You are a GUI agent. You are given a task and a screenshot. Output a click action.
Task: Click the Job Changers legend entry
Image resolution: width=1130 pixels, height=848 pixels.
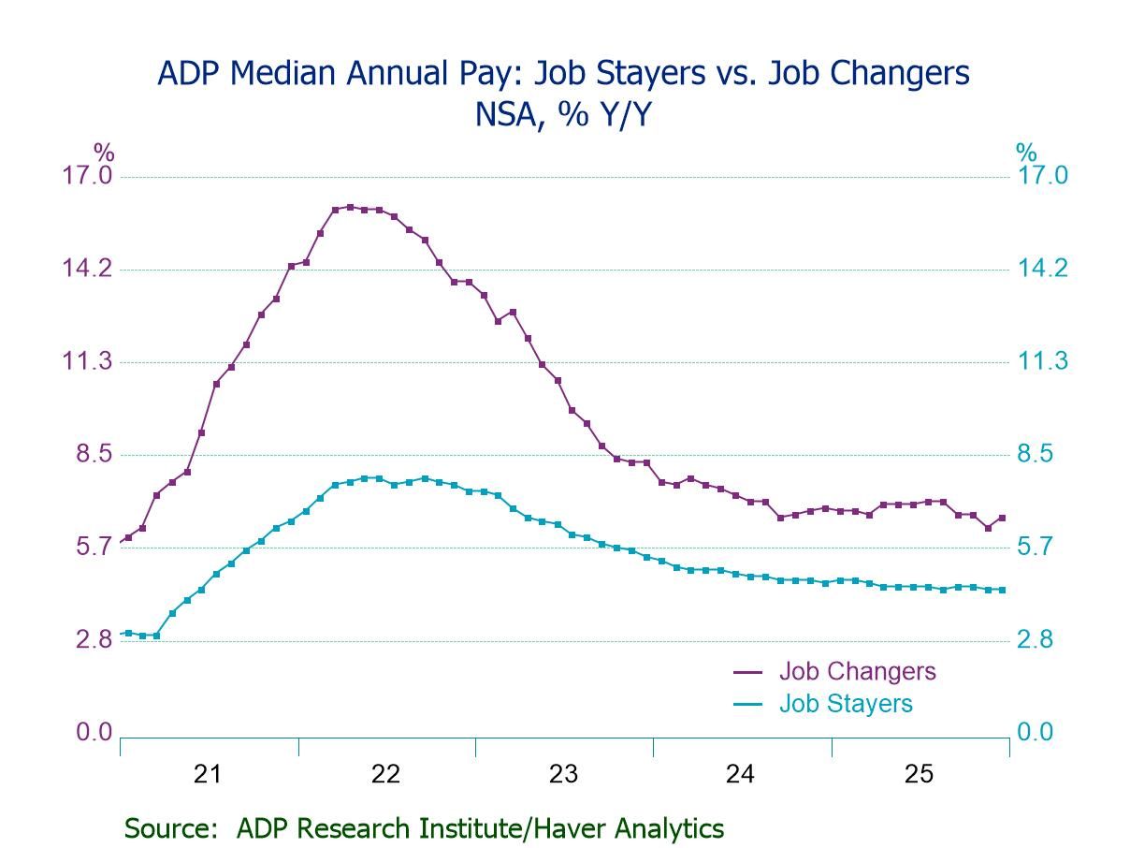pyautogui.click(x=857, y=671)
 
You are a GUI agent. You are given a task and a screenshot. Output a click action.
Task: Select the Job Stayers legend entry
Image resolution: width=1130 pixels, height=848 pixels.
pyautogui.click(x=846, y=704)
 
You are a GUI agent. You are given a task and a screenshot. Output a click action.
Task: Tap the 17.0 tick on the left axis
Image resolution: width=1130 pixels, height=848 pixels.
pyautogui.click(x=87, y=176)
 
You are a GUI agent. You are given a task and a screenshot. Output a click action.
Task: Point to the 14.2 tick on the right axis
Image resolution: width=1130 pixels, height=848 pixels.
pyautogui.click(x=1042, y=270)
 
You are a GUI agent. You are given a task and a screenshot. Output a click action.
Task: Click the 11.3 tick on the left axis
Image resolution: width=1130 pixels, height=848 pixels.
pyautogui.click(x=87, y=362)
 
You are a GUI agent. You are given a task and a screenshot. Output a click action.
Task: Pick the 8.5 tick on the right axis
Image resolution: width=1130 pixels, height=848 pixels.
pyautogui.click(x=1036, y=455)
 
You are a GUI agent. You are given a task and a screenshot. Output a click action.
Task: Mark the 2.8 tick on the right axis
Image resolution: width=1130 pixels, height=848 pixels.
pyautogui.click(x=1036, y=640)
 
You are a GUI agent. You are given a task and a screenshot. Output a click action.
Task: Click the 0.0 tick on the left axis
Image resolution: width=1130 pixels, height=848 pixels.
pyautogui.click(x=94, y=733)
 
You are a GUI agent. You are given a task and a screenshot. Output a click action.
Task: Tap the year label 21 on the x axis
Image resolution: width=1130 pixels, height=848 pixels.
pyautogui.click(x=208, y=774)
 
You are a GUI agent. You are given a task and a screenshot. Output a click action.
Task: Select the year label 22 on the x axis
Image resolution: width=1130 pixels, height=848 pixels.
pyautogui.click(x=385, y=774)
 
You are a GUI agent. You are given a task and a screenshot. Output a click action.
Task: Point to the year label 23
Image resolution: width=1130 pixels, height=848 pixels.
pyautogui.click(x=563, y=774)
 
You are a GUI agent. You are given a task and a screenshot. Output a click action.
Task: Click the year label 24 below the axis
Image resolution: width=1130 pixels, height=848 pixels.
pyautogui.click(x=741, y=774)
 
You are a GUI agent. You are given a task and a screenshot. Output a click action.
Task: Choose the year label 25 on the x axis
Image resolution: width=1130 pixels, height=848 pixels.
pyautogui.click(x=919, y=774)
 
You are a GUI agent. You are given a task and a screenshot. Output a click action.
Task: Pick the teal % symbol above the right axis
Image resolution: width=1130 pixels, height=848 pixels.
pyautogui.click(x=1027, y=152)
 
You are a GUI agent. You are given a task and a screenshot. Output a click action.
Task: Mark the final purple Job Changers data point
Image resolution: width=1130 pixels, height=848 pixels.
pyautogui.click(x=1002, y=518)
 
